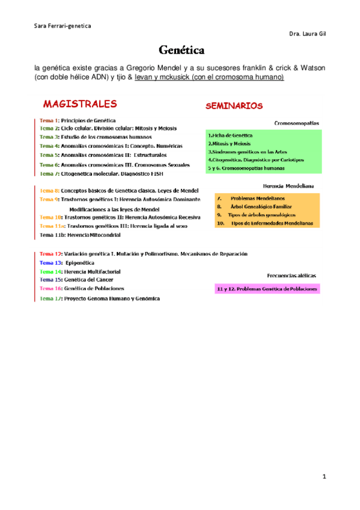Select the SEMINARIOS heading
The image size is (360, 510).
[x=234, y=106]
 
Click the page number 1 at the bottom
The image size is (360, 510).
[x=324, y=477]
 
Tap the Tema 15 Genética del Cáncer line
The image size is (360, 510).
[x=76, y=280]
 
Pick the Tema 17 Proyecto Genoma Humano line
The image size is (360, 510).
[x=100, y=298]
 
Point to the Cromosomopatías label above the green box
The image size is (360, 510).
[x=296, y=123]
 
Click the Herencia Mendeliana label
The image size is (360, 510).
[x=289, y=186]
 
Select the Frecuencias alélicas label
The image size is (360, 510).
[x=292, y=275]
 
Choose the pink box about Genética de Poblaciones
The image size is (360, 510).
[x=267, y=289]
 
